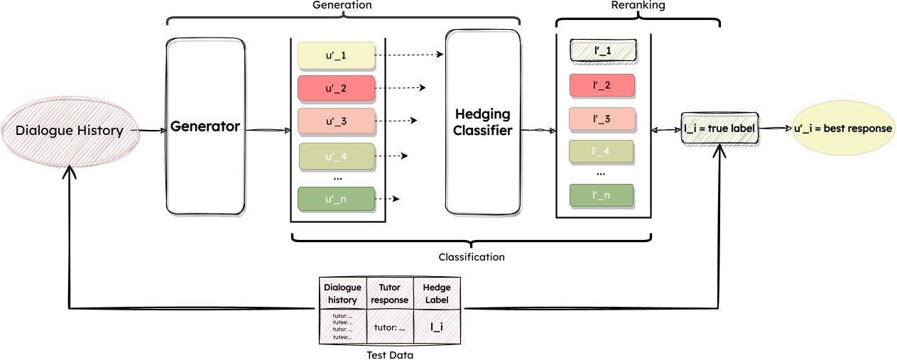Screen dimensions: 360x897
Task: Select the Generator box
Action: pos(205,127)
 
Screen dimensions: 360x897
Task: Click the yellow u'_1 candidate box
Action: pos(335,55)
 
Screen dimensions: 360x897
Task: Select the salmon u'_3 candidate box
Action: pos(335,121)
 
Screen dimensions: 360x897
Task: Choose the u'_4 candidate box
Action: pos(335,155)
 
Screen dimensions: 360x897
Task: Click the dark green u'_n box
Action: pos(335,199)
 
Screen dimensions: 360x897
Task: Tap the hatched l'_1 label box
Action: pos(602,51)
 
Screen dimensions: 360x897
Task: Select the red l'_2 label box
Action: pos(602,85)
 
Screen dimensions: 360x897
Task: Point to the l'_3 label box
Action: pos(602,119)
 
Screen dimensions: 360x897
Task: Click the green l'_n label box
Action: pos(602,194)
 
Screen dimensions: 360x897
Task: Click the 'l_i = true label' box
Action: pos(720,129)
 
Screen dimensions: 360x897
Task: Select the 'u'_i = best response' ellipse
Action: pos(842,129)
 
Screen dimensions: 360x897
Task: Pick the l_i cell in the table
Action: pos(437,327)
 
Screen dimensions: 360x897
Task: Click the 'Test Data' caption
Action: pos(390,354)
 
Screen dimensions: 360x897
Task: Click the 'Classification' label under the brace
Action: pos(471,257)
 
